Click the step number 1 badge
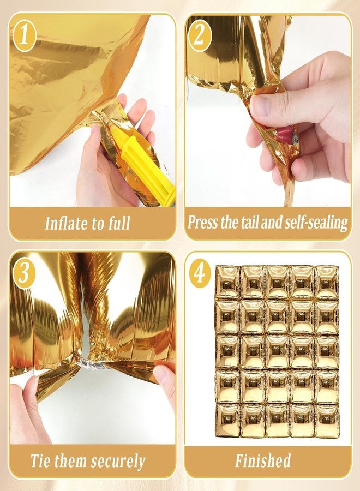pos(25,35)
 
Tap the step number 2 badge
pos(200,35)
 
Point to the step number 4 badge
pos(200,273)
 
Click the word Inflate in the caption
pos(66,223)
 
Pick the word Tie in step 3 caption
pos(39,461)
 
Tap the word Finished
pos(263,460)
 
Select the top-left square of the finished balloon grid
pos(227,282)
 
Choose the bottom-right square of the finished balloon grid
pos(327,421)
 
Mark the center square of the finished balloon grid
pos(277,351)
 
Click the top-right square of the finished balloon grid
pos(327,282)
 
